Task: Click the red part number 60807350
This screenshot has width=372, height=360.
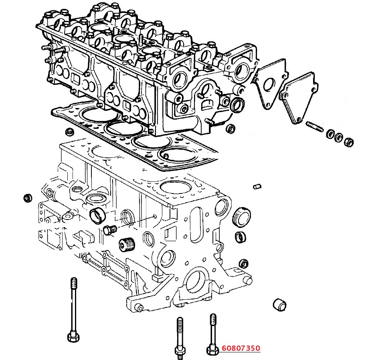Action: coord(241,348)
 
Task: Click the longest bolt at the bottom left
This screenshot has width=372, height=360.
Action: coord(73,309)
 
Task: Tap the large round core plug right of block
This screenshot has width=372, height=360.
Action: coord(242,216)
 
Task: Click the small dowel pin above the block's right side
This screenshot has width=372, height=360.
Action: coord(258,186)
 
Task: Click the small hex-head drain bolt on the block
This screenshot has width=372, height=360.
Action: coord(109,230)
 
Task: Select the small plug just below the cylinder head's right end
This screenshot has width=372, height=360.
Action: coord(230,129)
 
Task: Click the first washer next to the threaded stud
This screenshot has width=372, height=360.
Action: coord(332,134)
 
